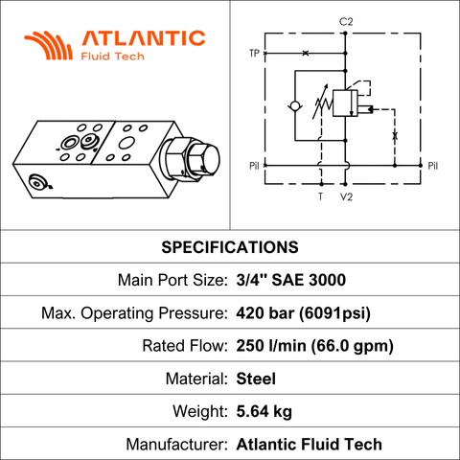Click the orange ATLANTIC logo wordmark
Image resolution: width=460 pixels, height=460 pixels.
click(x=144, y=38)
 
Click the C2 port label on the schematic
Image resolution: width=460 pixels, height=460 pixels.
click(x=346, y=22)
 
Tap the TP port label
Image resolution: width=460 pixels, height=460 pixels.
click(x=254, y=53)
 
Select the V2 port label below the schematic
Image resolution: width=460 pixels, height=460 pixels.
click(x=346, y=196)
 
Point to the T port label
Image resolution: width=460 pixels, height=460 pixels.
click(x=321, y=196)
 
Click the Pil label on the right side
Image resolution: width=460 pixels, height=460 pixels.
click(x=433, y=166)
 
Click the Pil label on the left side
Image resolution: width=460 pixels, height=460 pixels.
click(x=254, y=166)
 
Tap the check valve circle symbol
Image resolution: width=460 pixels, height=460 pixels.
click(x=295, y=105)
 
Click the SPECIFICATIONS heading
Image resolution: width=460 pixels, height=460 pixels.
click(x=230, y=247)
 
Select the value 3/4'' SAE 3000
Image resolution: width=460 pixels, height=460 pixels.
click(x=291, y=280)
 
